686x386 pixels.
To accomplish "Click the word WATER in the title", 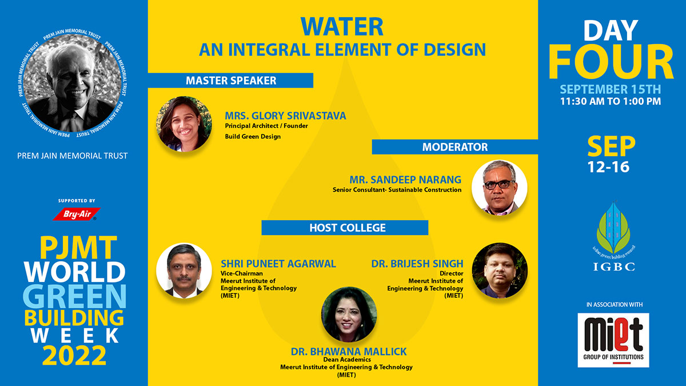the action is click(342, 27).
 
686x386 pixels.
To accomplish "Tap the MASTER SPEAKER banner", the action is click(230, 81).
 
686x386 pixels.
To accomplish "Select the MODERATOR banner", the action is click(455, 147).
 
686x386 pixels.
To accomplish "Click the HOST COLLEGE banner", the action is click(345, 228).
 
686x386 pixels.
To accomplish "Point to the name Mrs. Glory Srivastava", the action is click(285, 116).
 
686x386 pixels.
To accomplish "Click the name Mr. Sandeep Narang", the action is click(405, 180).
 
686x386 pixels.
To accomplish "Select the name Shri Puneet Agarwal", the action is click(278, 264).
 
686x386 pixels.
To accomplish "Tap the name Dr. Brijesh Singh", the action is click(417, 264).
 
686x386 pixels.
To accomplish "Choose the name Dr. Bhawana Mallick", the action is click(349, 351).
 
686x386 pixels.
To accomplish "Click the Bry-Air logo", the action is click(77, 214).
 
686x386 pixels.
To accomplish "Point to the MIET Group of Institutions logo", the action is click(613, 340).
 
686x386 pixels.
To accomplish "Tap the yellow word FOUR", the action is click(611, 62).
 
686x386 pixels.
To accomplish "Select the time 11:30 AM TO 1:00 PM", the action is click(611, 101).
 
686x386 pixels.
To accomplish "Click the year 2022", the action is click(74, 355).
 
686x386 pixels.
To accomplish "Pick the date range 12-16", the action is click(608, 167).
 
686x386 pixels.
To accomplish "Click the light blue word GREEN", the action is click(74, 296).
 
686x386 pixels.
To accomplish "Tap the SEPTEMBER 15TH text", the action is click(611, 89).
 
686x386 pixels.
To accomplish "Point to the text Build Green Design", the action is click(253, 137).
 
